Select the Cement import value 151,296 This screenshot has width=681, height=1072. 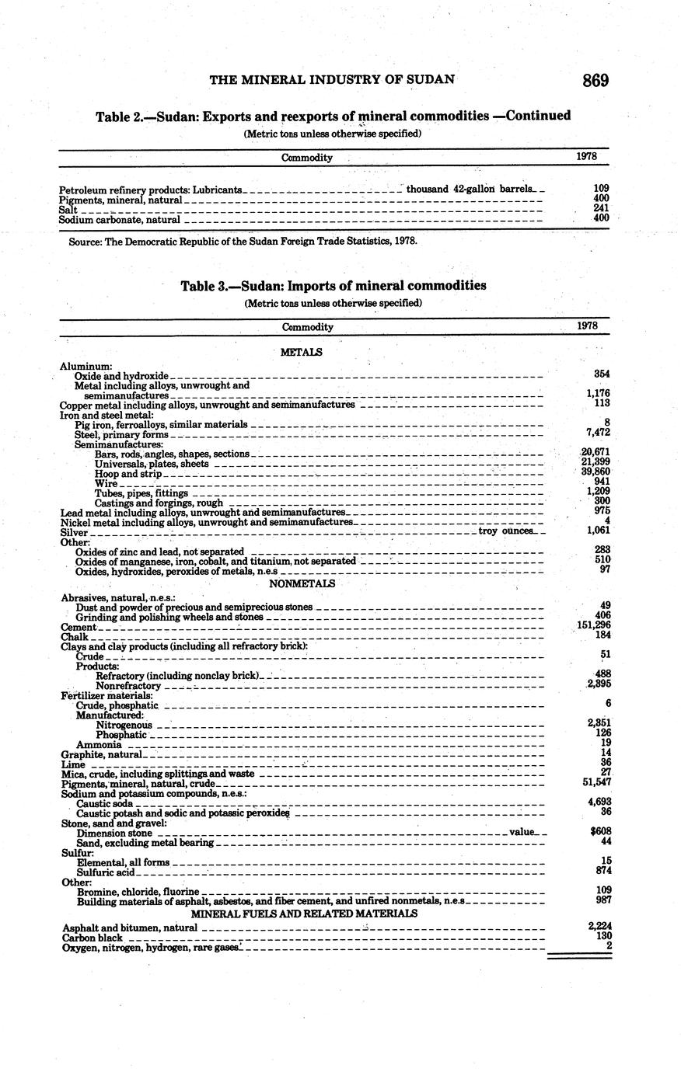(x=594, y=626)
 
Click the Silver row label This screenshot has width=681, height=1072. (x=75, y=533)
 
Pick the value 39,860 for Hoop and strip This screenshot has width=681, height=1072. (x=595, y=472)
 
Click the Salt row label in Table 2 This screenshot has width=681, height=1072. (x=68, y=210)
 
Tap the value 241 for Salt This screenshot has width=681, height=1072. (x=599, y=208)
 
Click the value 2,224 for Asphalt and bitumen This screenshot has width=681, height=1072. (x=595, y=927)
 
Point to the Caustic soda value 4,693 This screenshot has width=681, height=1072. (x=597, y=802)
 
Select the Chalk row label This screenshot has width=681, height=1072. (x=74, y=637)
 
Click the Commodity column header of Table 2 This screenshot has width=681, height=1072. (x=306, y=158)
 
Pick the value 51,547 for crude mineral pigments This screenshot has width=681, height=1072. (x=595, y=784)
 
